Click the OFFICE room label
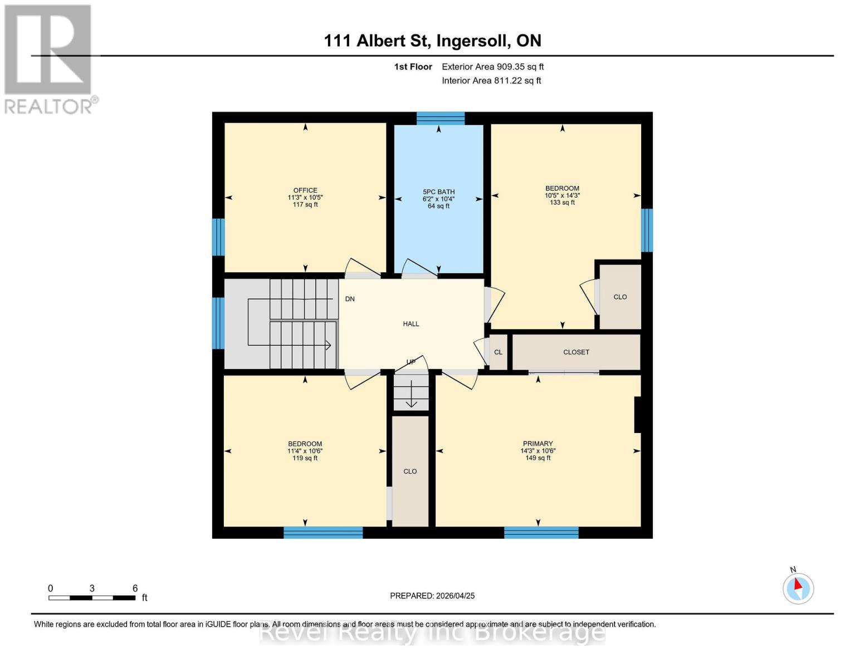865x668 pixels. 305,190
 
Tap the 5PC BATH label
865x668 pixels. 438,192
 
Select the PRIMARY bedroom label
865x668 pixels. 537,444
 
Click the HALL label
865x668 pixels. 411,324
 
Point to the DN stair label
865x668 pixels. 350,299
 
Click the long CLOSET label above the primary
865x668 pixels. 576,352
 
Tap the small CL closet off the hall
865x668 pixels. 498,352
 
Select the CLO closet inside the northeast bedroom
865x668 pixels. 620,297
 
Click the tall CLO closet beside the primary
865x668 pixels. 410,471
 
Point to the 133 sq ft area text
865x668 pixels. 562,203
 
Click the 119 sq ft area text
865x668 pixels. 305,459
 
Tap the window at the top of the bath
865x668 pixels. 441,118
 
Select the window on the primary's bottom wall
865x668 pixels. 541,533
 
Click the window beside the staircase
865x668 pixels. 218,323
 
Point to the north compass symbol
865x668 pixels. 798,588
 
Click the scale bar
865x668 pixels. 92,598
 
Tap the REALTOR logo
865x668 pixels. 49,58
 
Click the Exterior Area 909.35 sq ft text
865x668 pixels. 492,67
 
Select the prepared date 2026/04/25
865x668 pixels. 432,596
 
